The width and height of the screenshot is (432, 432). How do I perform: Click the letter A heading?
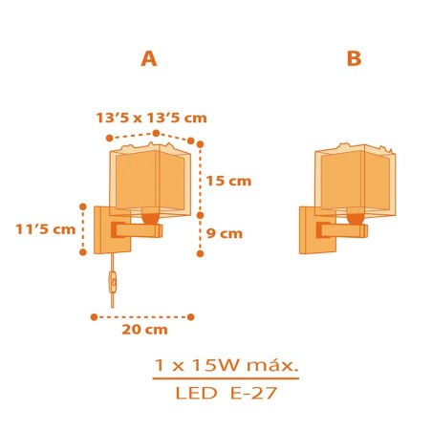149,59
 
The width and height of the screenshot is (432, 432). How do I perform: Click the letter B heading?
355,59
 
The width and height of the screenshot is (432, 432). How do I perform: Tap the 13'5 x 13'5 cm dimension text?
152,118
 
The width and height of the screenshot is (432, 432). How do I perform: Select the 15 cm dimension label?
228,181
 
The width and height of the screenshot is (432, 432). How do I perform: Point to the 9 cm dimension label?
225,233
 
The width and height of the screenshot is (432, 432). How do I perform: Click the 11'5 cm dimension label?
46,229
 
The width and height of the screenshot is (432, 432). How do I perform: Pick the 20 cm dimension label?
144,330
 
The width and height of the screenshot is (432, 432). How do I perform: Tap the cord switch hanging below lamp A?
113,282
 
